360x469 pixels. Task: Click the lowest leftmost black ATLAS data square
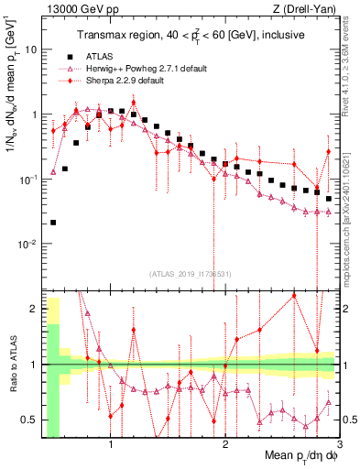[53, 222]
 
